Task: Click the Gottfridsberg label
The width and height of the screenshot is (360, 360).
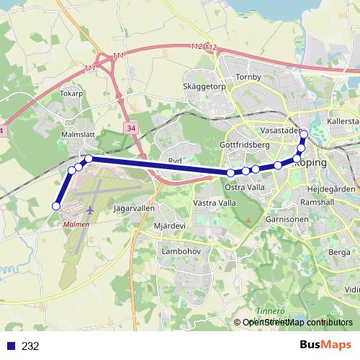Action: (244, 145)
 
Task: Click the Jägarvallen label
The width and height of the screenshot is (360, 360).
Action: (134, 207)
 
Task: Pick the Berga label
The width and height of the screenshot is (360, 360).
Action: (338, 252)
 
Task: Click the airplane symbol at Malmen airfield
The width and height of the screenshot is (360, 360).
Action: (90, 210)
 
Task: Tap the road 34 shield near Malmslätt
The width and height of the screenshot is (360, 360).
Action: (130, 127)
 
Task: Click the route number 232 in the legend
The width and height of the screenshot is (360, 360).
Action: (30, 346)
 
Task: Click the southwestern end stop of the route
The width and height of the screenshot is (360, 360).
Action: (55, 207)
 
